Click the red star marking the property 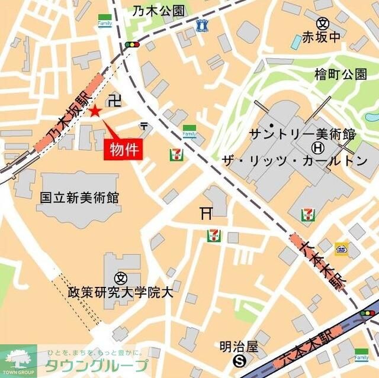tap(95, 111)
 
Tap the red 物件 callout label tap(124, 149)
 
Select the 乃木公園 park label tap(158, 10)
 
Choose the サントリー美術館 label tap(302, 133)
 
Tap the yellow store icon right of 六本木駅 tap(342, 248)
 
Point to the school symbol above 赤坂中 tap(323, 24)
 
